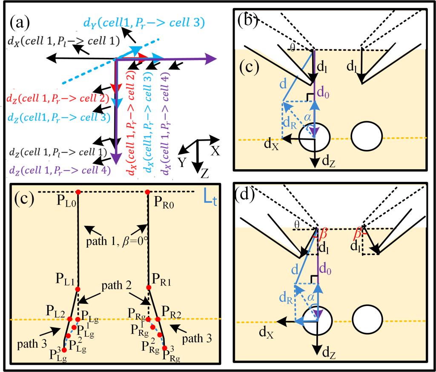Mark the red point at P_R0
click(147, 192)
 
